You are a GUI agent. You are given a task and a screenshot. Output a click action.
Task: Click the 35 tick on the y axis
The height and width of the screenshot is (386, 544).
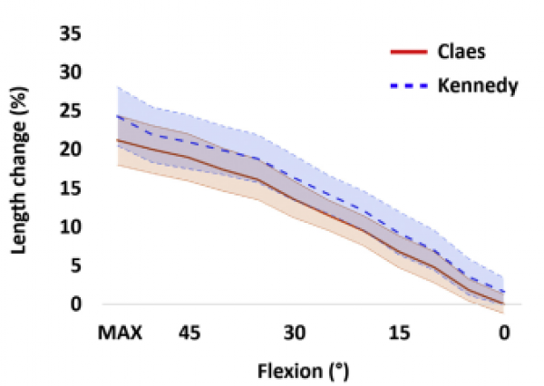pyautogui.click(x=71, y=34)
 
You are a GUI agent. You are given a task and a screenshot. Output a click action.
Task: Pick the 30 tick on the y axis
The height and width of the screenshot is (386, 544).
pyautogui.click(x=71, y=72)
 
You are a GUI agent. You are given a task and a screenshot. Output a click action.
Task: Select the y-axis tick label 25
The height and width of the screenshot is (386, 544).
pyautogui.click(x=71, y=111)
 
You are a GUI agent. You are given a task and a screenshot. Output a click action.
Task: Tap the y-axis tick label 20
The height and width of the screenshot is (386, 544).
pyautogui.click(x=71, y=150)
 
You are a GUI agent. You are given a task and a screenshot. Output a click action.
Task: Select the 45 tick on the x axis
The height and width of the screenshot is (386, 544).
pyautogui.click(x=189, y=333)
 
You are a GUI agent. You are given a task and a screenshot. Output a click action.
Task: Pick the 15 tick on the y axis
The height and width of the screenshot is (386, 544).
pyautogui.click(x=71, y=188)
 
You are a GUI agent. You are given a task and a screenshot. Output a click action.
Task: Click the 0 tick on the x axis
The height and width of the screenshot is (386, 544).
pyautogui.click(x=504, y=333)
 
